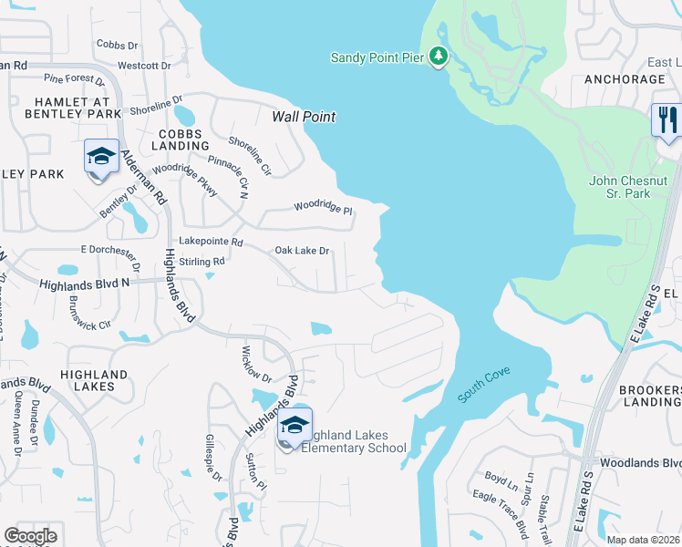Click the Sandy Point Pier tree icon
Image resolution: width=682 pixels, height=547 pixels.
(439, 57)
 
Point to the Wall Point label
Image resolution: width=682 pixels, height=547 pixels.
(304, 117)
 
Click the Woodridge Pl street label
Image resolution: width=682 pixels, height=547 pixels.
(322, 209)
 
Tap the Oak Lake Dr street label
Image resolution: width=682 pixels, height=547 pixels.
(302, 251)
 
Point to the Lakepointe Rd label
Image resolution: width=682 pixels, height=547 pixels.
(211, 243)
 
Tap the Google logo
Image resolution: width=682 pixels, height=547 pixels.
(30, 536)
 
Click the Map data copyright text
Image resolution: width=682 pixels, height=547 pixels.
(643, 540)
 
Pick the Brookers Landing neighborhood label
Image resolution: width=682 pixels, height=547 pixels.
(650, 396)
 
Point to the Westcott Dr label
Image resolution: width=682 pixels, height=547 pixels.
(144, 66)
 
